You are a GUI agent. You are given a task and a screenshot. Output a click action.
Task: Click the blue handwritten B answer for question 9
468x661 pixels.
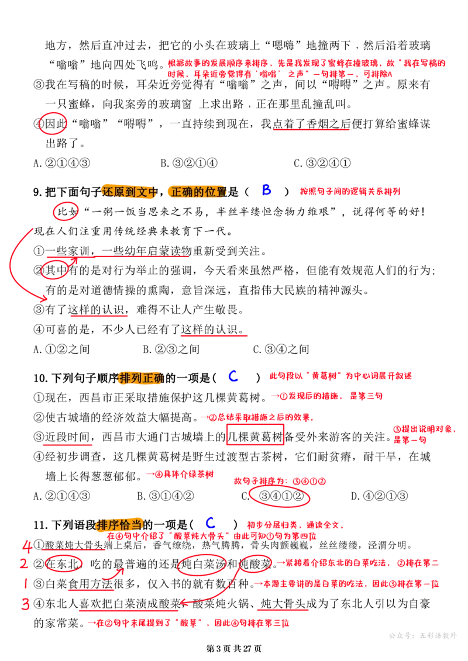266,190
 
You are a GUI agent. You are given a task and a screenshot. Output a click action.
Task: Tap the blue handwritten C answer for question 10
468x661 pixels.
233,376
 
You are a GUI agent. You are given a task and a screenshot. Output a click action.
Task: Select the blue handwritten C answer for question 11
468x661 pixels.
210,522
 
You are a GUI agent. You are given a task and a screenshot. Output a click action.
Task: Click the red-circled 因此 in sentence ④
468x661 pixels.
53,123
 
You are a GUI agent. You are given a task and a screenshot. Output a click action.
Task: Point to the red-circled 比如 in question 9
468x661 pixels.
66,212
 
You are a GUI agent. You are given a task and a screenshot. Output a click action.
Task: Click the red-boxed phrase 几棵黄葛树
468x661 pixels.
255,437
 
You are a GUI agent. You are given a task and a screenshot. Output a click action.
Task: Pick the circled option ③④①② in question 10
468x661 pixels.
280,496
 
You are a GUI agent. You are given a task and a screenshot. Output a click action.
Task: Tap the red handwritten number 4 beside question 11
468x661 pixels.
27,546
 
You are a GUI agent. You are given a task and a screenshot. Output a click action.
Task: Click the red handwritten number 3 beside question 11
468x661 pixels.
25,604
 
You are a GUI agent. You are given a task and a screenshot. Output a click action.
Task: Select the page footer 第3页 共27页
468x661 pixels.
234,649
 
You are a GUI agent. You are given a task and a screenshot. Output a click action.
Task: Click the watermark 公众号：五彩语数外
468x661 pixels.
422,635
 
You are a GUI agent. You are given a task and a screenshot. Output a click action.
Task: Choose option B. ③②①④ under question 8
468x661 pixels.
189,163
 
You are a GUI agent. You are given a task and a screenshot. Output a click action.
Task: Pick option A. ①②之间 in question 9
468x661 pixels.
61,349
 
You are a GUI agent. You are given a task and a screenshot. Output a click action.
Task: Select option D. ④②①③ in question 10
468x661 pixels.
380,496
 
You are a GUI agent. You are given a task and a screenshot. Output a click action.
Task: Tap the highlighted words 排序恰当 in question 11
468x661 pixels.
120,524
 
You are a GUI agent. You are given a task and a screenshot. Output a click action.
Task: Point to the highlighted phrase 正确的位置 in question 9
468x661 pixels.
198,192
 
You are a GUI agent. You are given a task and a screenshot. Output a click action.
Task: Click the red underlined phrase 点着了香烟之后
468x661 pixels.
311,124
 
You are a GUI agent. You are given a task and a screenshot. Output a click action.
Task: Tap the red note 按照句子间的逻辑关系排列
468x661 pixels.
350,191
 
